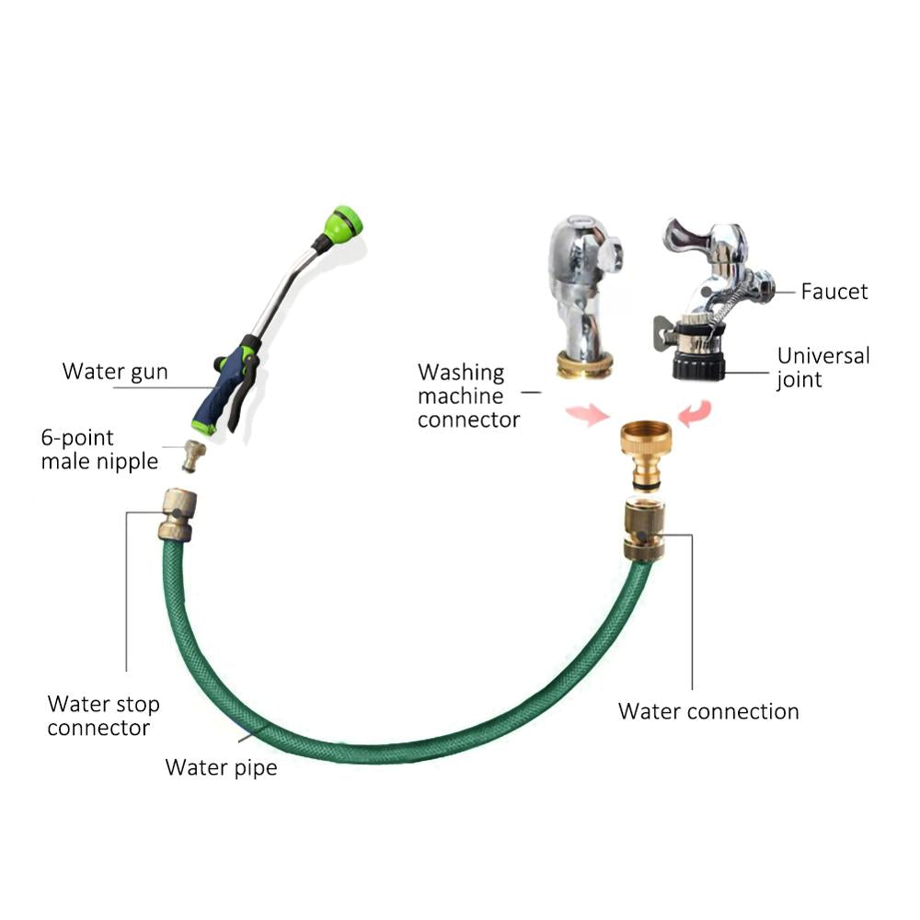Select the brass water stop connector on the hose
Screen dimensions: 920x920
click(x=174, y=514)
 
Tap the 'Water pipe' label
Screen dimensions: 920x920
click(x=221, y=766)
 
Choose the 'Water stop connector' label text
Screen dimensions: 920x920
click(x=103, y=716)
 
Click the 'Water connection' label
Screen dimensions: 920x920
click(x=708, y=711)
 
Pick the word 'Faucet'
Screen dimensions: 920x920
click(x=834, y=292)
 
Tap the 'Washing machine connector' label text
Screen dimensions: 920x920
click(x=467, y=396)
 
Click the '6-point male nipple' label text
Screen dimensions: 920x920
click(x=99, y=449)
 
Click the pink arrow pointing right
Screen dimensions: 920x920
click(x=588, y=413)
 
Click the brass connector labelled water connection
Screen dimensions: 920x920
click(x=649, y=529)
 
